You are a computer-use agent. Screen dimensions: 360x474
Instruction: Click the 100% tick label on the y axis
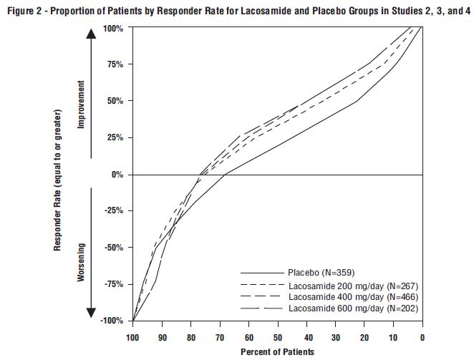coord(113,28)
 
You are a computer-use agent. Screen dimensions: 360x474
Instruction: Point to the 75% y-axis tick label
coord(115,64)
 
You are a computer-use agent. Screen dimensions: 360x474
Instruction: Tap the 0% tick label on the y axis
coord(117,175)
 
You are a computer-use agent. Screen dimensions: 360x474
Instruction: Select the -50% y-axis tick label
coord(114,248)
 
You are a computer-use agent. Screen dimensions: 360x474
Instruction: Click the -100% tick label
coord(112,321)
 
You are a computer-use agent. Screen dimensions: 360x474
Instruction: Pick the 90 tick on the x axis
coord(162,337)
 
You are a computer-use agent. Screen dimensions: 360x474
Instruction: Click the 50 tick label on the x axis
coord(278,337)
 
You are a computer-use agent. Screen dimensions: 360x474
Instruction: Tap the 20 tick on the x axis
coord(364,337)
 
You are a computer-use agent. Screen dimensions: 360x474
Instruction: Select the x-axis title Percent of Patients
coord(277,351)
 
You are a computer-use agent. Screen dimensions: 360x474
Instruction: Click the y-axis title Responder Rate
coord(57,179)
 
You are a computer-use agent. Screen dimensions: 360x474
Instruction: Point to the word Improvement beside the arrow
coord(81,104)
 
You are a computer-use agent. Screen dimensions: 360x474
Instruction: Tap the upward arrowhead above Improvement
coord(92,34)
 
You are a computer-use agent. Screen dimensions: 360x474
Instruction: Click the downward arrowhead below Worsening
coord(92,313)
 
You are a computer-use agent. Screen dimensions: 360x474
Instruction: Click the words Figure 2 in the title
coord(24,9)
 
